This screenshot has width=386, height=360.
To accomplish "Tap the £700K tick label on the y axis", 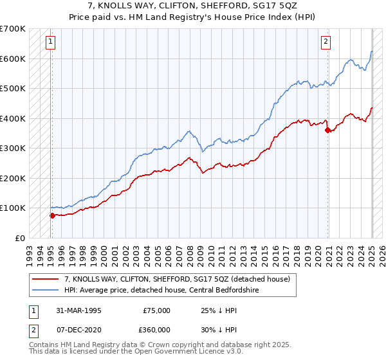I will coord(13,29).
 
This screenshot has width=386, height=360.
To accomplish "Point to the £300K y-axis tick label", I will coord(13,148).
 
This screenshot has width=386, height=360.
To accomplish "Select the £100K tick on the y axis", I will coord(13,208).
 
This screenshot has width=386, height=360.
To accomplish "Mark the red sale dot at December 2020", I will coord(328,130).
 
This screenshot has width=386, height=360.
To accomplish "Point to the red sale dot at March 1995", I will coord(53,215).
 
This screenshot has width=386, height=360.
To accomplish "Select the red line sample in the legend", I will coord(46,280).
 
